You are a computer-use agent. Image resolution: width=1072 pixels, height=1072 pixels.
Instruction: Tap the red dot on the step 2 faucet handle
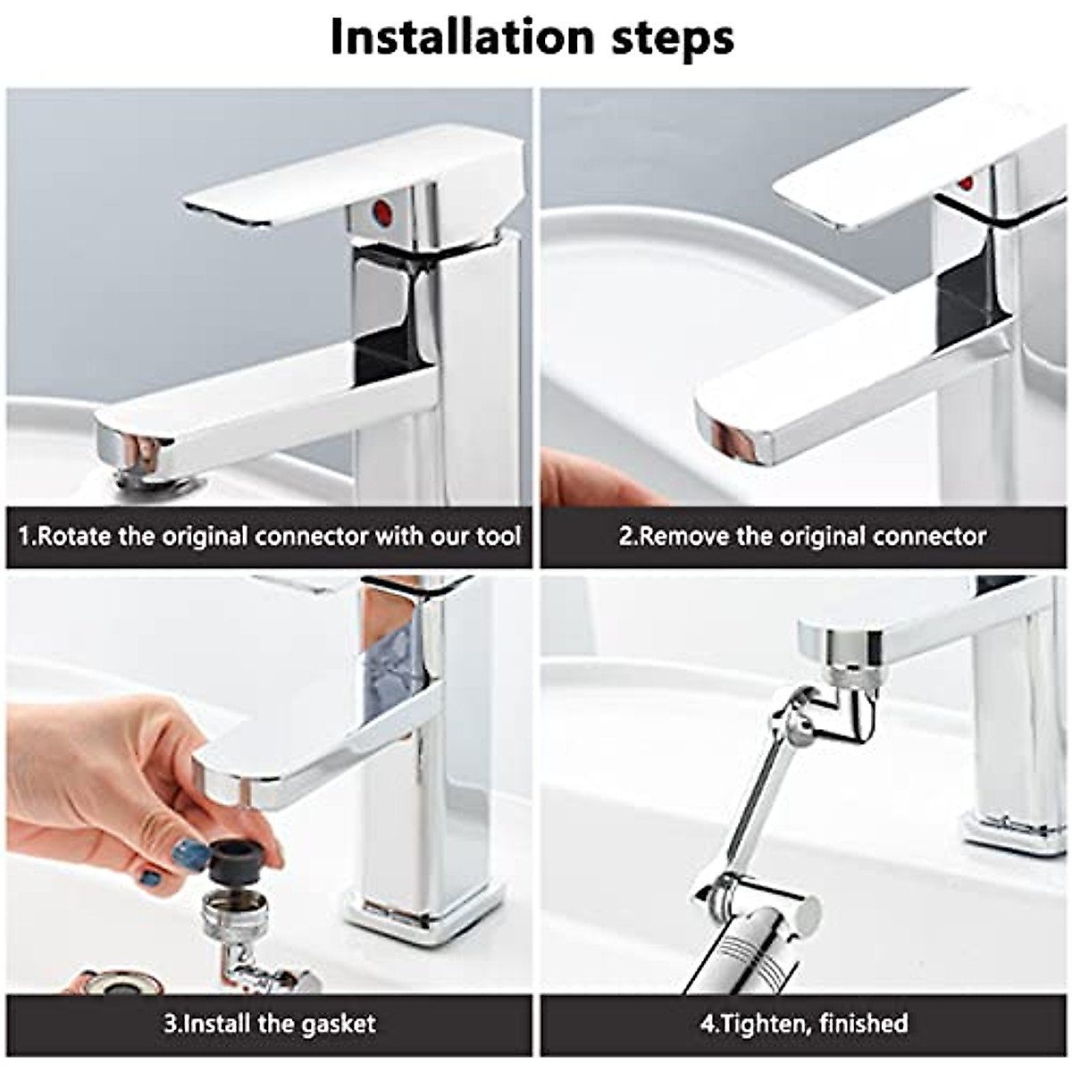(x=965, y=184)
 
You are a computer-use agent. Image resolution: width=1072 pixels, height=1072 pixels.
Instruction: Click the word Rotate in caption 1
(x=75, y=537)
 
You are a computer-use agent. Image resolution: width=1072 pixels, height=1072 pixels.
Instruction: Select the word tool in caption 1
(x=497, y=537)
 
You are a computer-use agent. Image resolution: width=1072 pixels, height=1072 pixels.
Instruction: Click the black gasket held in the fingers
(x=234, y=860)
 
